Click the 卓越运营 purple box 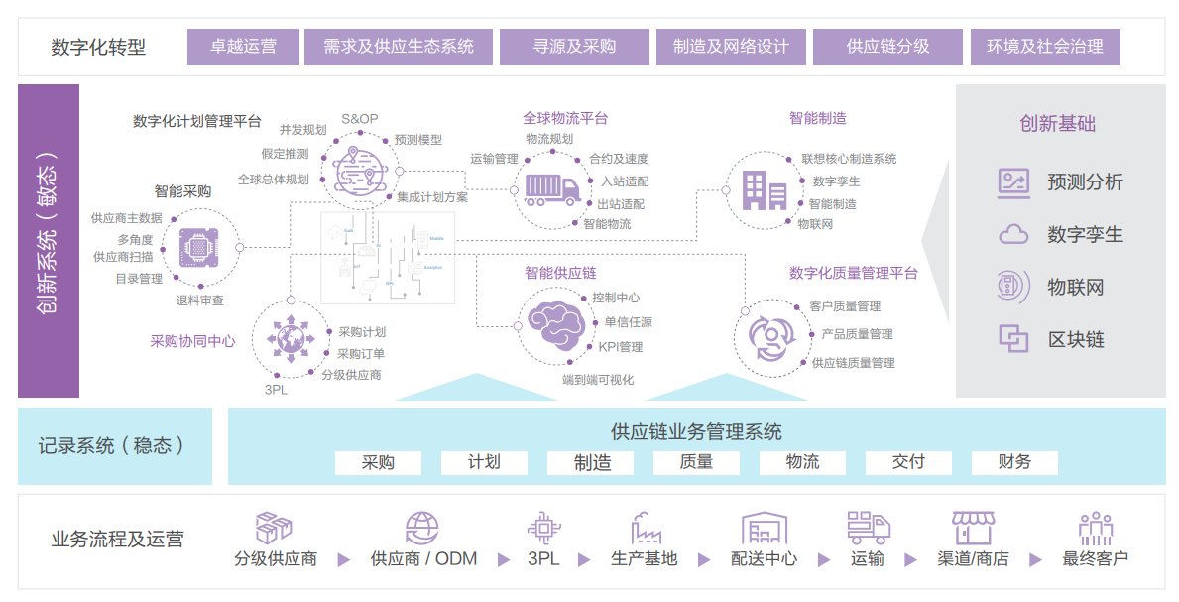click(x=243, y=47)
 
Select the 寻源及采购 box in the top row click(x=574, y=47)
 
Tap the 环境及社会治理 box click(x=1051, y=47)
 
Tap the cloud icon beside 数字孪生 click(x=1013, y=235)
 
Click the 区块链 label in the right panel click(x=1076, y=340)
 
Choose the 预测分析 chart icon click(x=1013, y=182)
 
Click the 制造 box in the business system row click(x=592, y=462)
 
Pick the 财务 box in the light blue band click(x=1014, y=462)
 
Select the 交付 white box click(x=908, y=462)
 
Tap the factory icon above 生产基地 click(x=646, y=528)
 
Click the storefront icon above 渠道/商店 click(x=972, y=528)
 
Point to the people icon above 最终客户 click(x=1095, y=528)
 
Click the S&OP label click(x=359, y=119)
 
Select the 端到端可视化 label click(x=598, y=380)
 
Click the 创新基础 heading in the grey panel click(x=1057, y=124)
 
